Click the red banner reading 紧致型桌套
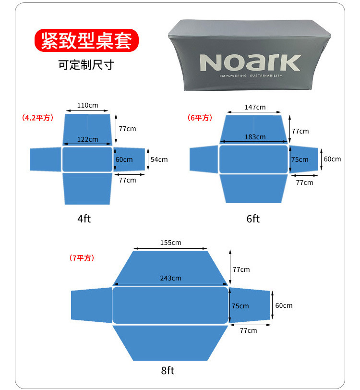pyautogui.click(x=86, y=40)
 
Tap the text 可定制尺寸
pyautogui.click(x=86, y=65)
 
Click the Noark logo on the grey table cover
pyautogui.click(x=250, y=62)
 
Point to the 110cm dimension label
pyautogui.click(x=87, y=105)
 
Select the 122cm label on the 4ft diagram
pyautogui.click(x=87, y=139)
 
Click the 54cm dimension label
pyautogui.click(x=159, y=159)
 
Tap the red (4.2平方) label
pyautogui.click(x=37, y=118)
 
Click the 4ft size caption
pyautogui.click(x=84, y=219)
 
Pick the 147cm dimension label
pyautogui.click(x=255, y=107)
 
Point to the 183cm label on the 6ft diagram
pyautogui.click(x=255, y=137)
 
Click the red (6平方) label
pyautogui.click(x=200, y=118)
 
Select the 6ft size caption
pyautogui.click(x=253, y=219)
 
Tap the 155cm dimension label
pyautogui.click(x=170, y=243)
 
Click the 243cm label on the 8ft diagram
pyautogui.click(x=170, y=278)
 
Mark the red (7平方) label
pyautogui.click(x=82, y=258)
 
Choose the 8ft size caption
pyautogui.click(x=168, y=370)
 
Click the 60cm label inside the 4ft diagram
pyautogui.click(x=124, y=159)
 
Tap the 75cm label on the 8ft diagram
pyautogui.click(x=240, y=306)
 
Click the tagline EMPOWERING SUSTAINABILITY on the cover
pyautogui.click(x=251, y=75)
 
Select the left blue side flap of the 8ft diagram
pyautogui.click(x=92, y=305)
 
